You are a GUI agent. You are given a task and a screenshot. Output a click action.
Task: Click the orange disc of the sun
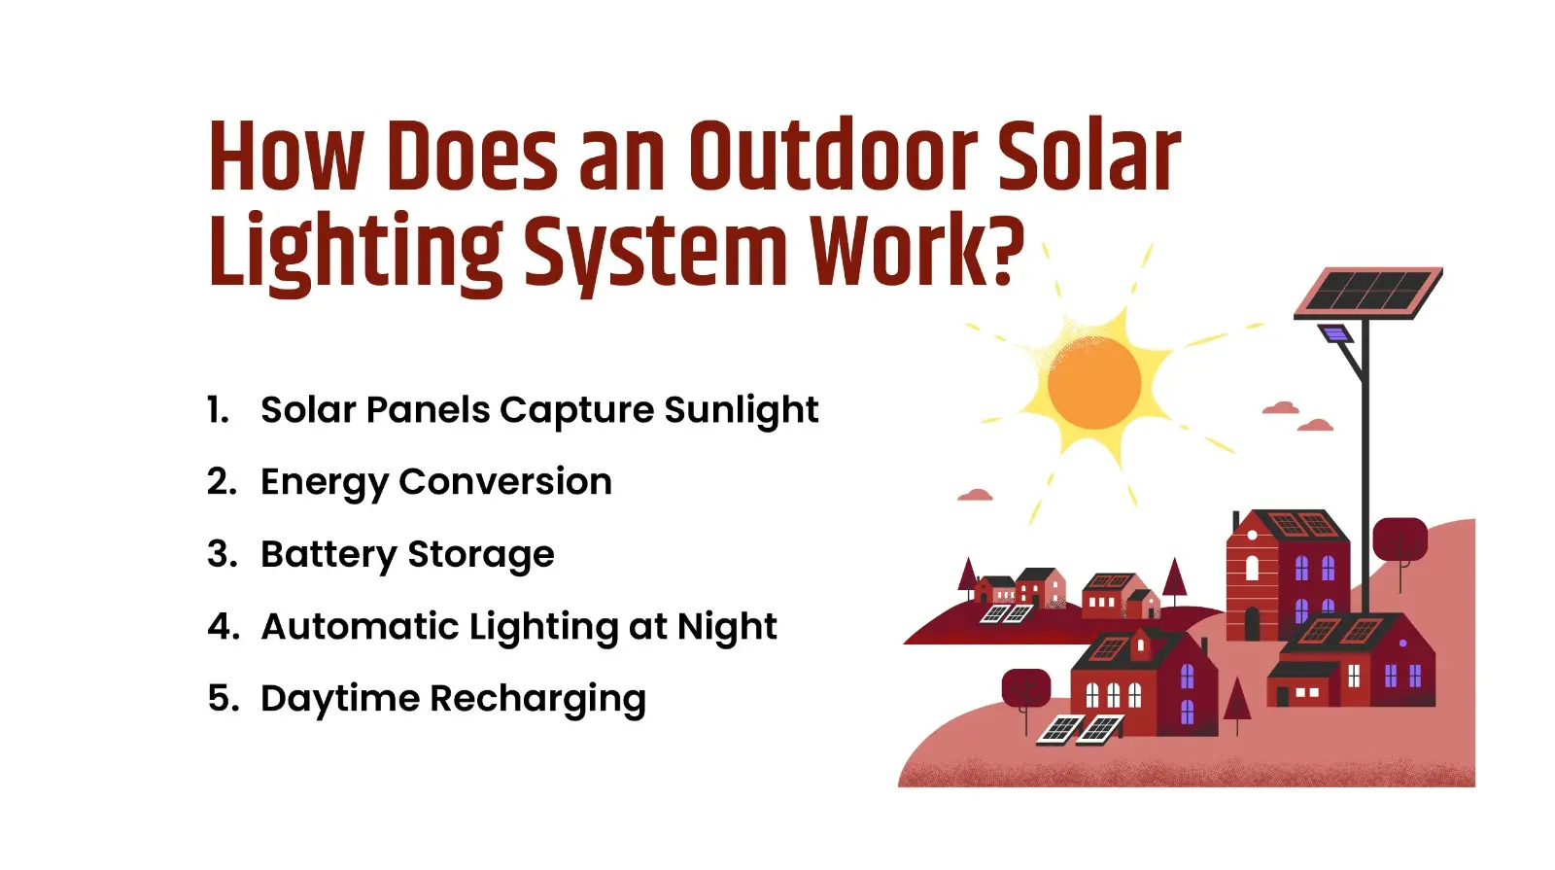tap(1094, 382)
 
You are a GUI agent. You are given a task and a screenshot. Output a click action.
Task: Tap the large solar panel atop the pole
tap(1367, 292)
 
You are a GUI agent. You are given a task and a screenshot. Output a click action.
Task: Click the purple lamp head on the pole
tap(1336, 334)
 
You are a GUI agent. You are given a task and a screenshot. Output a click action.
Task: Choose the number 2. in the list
tap(222, 482)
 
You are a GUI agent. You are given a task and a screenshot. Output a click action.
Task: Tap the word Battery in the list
tap(328, 555)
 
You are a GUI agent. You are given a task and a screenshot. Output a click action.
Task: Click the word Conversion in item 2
tap(504, 482)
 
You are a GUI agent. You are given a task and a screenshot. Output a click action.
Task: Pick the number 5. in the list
tap(223, 699)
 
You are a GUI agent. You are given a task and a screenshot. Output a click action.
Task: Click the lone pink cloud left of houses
tap(975, 496)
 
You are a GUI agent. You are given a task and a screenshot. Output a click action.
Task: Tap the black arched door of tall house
tap(1252, 623)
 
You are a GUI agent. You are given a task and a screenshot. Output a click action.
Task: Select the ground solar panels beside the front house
tap(1080, 728)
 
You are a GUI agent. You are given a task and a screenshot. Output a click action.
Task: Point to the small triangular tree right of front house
tap(1236, 703)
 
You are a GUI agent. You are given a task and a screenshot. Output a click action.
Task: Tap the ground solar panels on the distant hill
tap(1005, 613)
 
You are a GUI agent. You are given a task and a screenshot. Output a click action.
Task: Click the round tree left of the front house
tap(1025, 688)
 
